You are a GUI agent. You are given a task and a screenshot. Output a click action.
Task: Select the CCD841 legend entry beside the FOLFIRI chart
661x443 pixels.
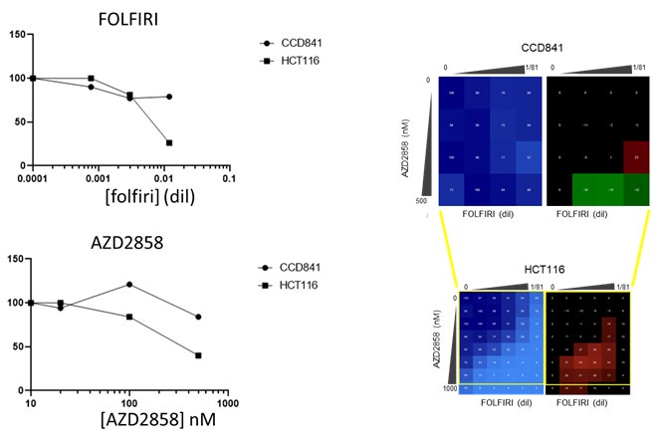click(x=298, y=44)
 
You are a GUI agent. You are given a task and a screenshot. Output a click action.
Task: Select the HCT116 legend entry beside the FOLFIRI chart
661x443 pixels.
click(x=298, y=61)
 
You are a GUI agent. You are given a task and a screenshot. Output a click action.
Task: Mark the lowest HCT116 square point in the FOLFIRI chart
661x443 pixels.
click(x=169, y=142)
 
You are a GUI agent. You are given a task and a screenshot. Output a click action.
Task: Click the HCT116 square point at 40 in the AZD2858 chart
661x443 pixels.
click(x=199, y=355)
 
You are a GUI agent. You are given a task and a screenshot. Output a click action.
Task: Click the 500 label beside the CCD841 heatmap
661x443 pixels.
click(x=426, y=200)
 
